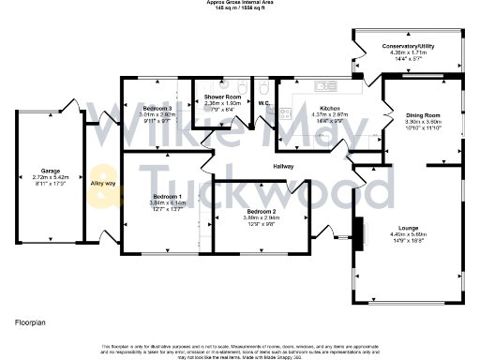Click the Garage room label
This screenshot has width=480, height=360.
click(x=51, y=172)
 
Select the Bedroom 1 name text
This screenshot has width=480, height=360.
click(x=165, y=197)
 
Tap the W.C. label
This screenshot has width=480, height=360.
click(x=264, y=104)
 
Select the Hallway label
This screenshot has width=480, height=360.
click(x=283, y=166)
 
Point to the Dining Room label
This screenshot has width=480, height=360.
click(x=423, y=115)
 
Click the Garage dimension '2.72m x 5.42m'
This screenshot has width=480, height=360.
click(x=51, y=177)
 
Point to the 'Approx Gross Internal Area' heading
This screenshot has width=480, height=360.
click(x=239, y=3)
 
